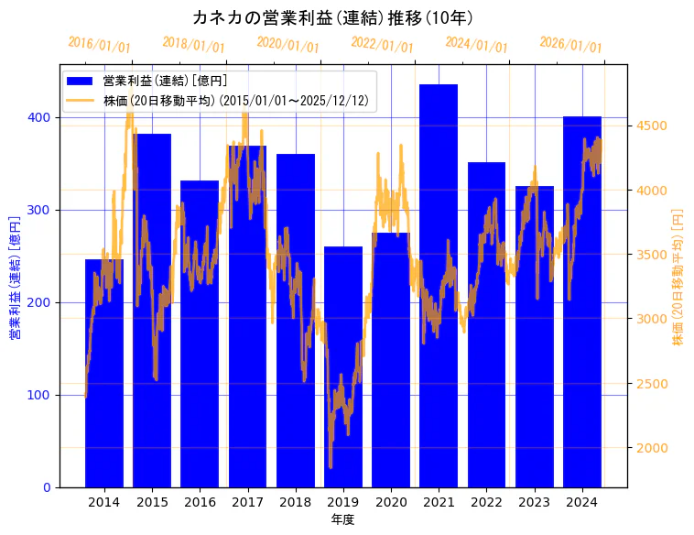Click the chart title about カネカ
coord(333,17)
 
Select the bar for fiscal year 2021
coord(439,285)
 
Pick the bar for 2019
coord(343,366)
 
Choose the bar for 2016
coord(200,333)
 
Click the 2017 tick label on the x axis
coord(247,502)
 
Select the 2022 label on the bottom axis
coord(486,502)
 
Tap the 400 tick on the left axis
coord(40,118)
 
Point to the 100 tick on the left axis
coord(40,395)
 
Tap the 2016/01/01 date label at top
coord(100,45)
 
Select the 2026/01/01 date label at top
coord(571,45)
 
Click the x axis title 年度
coord(342,519)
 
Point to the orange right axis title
coord(678,276)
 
